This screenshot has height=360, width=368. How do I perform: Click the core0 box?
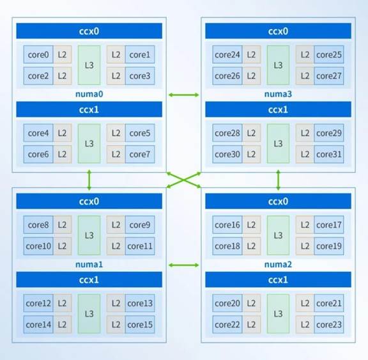click(x=38, y=54)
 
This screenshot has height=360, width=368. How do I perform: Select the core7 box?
click(x=140, y=154)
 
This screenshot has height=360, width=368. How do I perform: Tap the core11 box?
click(x=140, y=246)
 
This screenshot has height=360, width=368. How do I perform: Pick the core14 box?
click(x=38, y=325)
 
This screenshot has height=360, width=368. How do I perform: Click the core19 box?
click(x=329, y=246)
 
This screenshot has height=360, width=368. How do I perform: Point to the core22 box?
click(x=227, y=325)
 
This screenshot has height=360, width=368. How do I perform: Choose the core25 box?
click(x=329, y=54)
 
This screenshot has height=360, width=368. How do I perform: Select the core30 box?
click(x=227, y=154)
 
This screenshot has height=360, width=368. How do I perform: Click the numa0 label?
click(x=89, y=94)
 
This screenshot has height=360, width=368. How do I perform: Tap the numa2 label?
click(x=278, y=265)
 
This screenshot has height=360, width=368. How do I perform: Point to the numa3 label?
click(x=278, y=94)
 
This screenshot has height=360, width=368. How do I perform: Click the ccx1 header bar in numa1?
click(x=89, y=279)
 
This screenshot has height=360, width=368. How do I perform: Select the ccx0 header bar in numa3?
click(x=278, y=31)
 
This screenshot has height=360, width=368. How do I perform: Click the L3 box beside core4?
click(x=89, y=143)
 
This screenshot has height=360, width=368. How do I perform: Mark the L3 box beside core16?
click(x=278, y=235)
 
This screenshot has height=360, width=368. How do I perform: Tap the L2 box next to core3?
click(x=116, y=76)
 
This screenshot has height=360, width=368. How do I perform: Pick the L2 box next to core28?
click(x=251, y=133)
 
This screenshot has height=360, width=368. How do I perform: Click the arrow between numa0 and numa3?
click(x=184, y=95)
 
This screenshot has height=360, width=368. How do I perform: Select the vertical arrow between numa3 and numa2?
click(x=279, y=180)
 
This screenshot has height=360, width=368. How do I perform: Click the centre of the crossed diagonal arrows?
click(x=184, y=180)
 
